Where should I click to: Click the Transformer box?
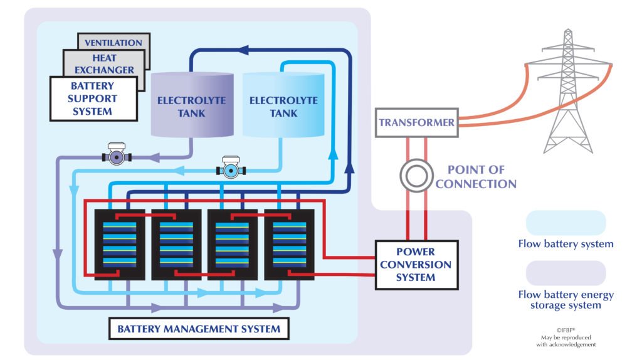tap(416, 123)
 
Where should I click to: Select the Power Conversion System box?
tap(416, 265)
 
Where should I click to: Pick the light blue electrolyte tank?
tap(283, 105)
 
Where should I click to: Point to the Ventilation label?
tap(113, 43)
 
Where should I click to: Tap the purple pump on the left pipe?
tap(117, 156)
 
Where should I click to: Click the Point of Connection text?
tap(476, 177)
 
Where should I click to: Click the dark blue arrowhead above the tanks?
tap(245, 50)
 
